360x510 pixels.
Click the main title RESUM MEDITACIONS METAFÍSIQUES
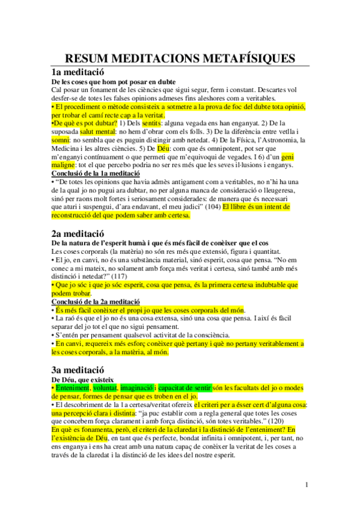(180, 58)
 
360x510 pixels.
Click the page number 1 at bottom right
(307, 484)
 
